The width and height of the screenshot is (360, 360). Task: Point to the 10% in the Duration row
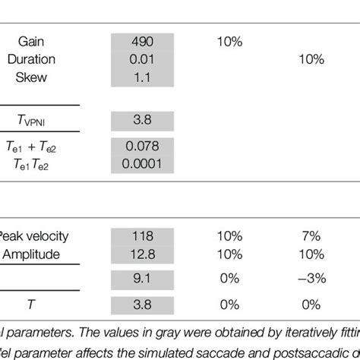click(310, 59)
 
